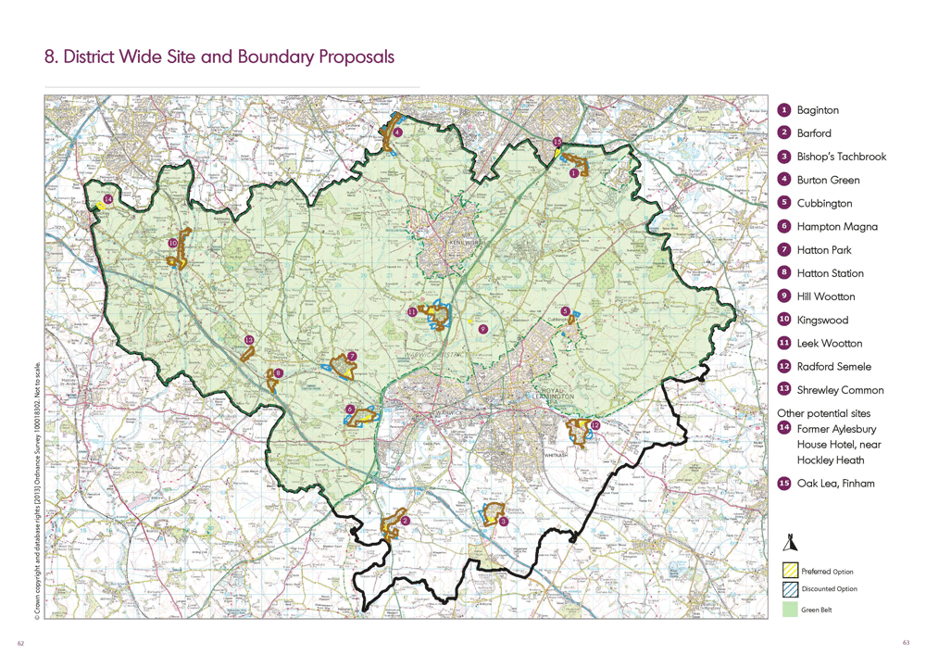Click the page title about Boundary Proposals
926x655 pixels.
pyautogui.click(x=219, y=57)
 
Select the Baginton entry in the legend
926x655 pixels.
pyautogui.click(x=818, y=109)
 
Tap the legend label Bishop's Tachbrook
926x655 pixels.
pyautogui.click(x=841, y=157)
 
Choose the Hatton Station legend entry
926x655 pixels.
pyautogui.click(x=830, y=273)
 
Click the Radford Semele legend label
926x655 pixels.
pyautogui.click(x=833, y=366)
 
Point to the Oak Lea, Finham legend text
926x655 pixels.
pyautogui.click(x=835, y=483)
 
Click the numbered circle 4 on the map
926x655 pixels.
pyautogui.click(x=397, y=132)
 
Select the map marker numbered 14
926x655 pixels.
pyautogui.click(x=108, y=199)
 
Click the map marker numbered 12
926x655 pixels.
pyautogui.click(x=594, y=426)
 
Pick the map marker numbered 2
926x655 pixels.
pyautogui.click(x=406, y=521)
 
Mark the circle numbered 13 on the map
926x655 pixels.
pyautogui.click(x=248, y=340)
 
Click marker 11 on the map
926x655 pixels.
pyautogui.click(x=411, y=312)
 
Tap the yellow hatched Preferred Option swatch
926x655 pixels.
pyautogui.click(x=790, y=571)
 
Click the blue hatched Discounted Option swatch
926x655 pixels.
pyautogui.click(x=790, y=588)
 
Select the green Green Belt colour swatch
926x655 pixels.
pyautogui.click(x=790, y=609)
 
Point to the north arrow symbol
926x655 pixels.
pyautogui.click(x=790, y=544)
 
